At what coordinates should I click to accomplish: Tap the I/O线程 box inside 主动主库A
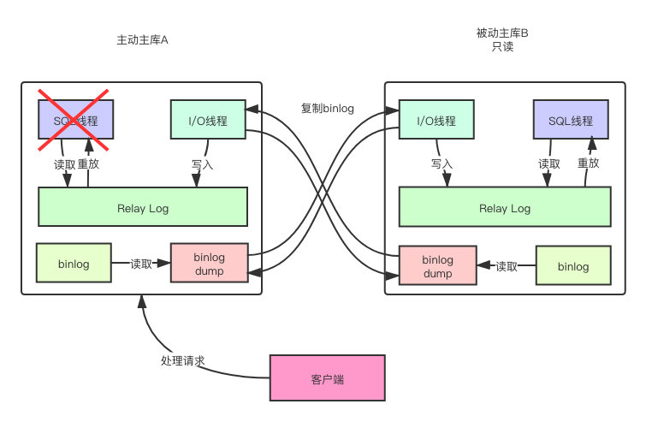click(x=208, y=120)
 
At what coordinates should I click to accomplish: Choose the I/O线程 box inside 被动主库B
click(x=436, y=120)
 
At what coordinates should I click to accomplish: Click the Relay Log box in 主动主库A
click(x=143, y=206)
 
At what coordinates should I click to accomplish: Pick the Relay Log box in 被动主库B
click(x=505, y=207)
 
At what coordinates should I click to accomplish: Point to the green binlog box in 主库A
click(x=74, y=263)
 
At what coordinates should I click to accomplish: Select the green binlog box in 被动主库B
click(x=573, y=266)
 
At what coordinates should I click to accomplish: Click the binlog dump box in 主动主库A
click(x=209, y=263)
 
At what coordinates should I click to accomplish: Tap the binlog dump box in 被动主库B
click(x=438, y=266)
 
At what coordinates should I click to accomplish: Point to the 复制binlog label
click(x=327, y=108)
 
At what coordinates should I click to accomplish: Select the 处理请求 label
click(x=182, y=360)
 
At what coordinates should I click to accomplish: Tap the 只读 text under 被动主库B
click(x=501, y=47)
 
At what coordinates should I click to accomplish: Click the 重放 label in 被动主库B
click(x=588, y=163)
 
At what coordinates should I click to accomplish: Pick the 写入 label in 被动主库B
click(x=442, y=163)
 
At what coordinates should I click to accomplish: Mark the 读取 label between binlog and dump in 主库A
click(x=142, y=264)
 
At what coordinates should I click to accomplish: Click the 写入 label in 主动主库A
click(x=203, y=163)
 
